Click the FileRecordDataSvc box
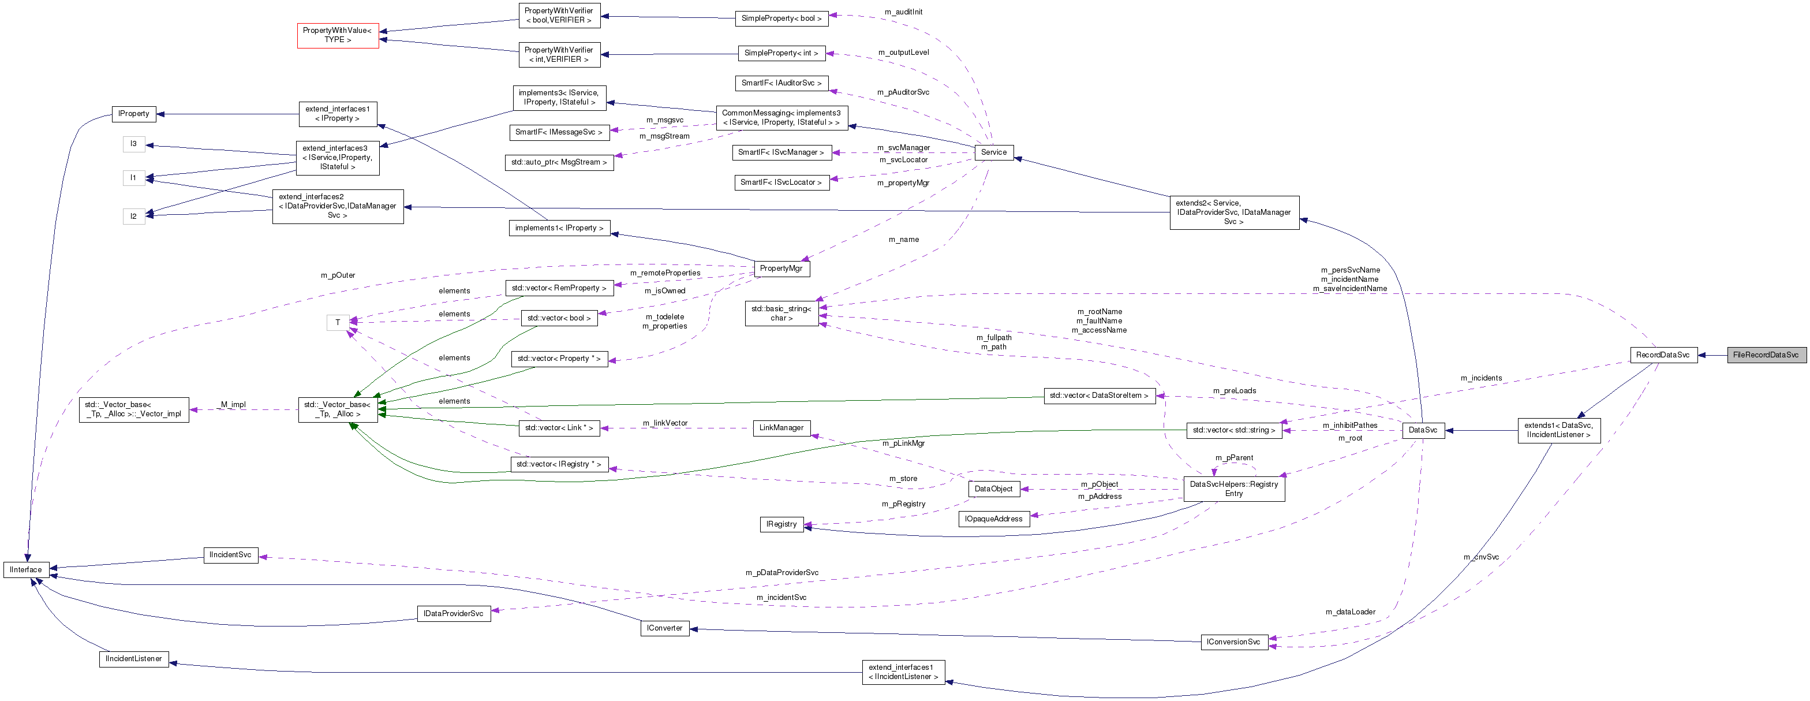coord(1765,355)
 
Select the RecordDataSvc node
coord(1662,355)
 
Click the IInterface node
coord(26,569)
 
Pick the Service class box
coord(993,152)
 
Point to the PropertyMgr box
coord(781,268)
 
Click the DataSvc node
coord(1423,430)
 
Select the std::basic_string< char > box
coord(781,313)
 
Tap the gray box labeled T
coord(337,322)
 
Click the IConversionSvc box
coord(1233,642)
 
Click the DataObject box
coord(993,489)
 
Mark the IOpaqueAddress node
coord(993,519)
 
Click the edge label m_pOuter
coord(338,275)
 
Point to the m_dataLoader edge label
coord(1350,611)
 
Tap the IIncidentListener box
coord(133,659)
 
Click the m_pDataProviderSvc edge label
coord(781,572)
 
